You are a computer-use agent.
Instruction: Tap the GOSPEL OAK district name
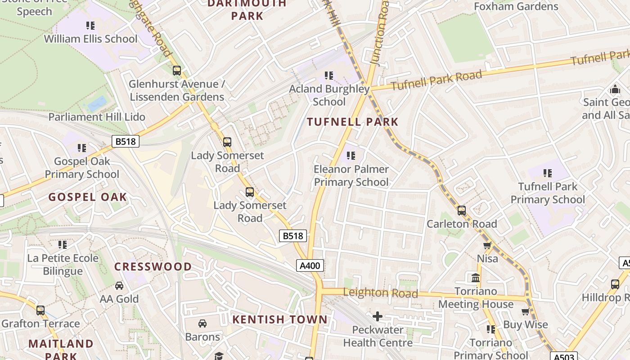(x=88, y=197)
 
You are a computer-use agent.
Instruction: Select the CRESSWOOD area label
(x=153, y=266)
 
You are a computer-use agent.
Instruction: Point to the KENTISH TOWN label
(x=280, y=319)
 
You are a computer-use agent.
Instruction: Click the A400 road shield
(x=310, y=265)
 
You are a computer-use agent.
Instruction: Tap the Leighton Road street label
(x=380, y=293)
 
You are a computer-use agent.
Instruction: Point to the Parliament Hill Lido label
(x=97, y=117)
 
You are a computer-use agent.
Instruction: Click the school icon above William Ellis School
(x=90, y=26)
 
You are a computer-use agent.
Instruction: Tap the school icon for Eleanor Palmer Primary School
(x=351, y=156)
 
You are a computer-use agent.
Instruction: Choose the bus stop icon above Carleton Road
(x=462, y=211)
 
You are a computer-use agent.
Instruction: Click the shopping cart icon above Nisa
(x=487, y=245)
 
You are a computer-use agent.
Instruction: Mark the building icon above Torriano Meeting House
(x=476, y=278)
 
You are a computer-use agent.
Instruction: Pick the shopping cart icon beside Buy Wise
(x=525, y=311)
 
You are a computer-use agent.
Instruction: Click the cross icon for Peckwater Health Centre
(x=378, y=316)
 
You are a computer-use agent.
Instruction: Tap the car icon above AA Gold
(x=119, y=286)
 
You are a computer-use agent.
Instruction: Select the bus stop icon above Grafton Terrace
(x=40, y=310)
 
